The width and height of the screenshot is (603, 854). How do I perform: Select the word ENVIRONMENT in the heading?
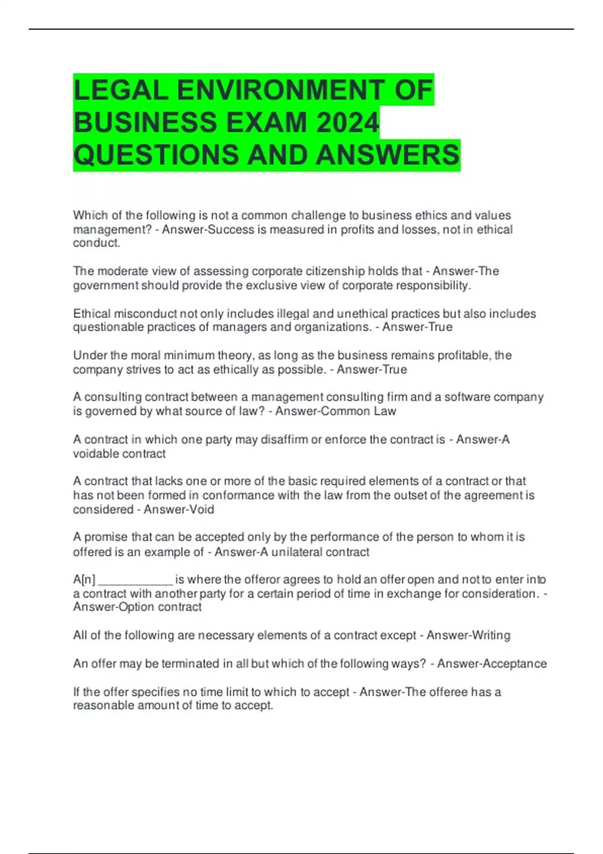point(281,90)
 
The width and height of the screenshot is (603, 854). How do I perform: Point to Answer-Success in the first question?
point(208,230)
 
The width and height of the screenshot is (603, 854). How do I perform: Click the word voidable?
point(96,454)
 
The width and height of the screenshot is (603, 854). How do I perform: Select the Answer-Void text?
point(179,509)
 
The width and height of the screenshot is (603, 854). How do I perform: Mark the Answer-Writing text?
point(468,635)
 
